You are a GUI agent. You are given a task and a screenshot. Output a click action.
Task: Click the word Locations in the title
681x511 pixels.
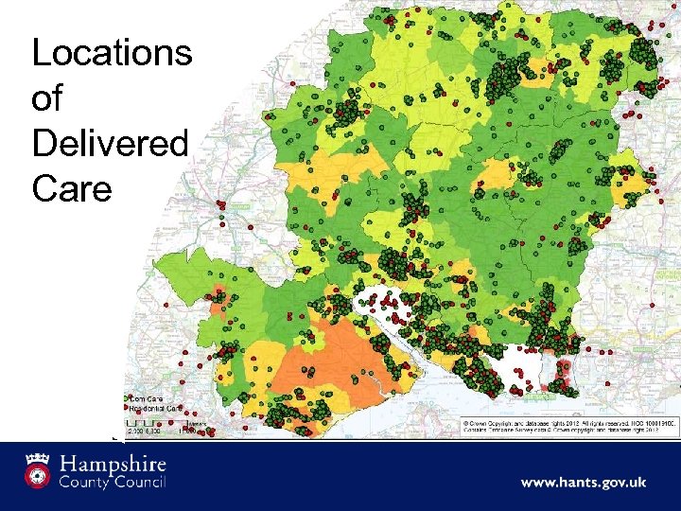(x=112, y=54)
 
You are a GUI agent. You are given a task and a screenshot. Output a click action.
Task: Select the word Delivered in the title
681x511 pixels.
(x=110, y=145)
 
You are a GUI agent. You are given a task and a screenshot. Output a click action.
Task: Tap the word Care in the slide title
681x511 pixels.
(x=71, y=189)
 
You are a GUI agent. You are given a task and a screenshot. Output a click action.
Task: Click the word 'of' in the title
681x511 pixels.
(x=48, y=99)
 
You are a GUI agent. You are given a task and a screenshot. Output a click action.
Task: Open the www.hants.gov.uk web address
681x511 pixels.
(x=584, y=483)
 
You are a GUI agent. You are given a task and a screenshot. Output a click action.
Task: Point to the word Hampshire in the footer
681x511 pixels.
(x=113, y=465)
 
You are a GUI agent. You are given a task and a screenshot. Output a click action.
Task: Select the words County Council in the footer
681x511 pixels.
(x=113, y=484)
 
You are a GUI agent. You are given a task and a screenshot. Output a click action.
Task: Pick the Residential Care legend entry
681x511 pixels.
(x=153, y=408)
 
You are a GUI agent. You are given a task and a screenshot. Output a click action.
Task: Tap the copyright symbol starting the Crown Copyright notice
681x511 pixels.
(x=464, y=421)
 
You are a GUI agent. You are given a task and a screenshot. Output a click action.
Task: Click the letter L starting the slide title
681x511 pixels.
(x=40, y=54)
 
